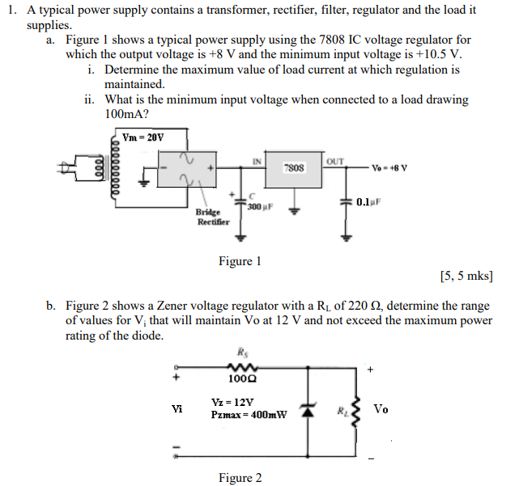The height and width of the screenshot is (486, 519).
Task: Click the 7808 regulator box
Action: point(294,168)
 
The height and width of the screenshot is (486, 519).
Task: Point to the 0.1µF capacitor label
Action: point(369,201)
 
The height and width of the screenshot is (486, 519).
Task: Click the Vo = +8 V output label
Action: point(389,169)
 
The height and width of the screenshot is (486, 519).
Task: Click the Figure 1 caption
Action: point(240,261)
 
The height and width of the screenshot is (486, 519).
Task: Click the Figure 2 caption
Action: point(240,478)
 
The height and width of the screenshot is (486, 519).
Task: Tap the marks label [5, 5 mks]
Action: point(466,277)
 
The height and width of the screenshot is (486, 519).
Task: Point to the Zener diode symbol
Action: point(307,411)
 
